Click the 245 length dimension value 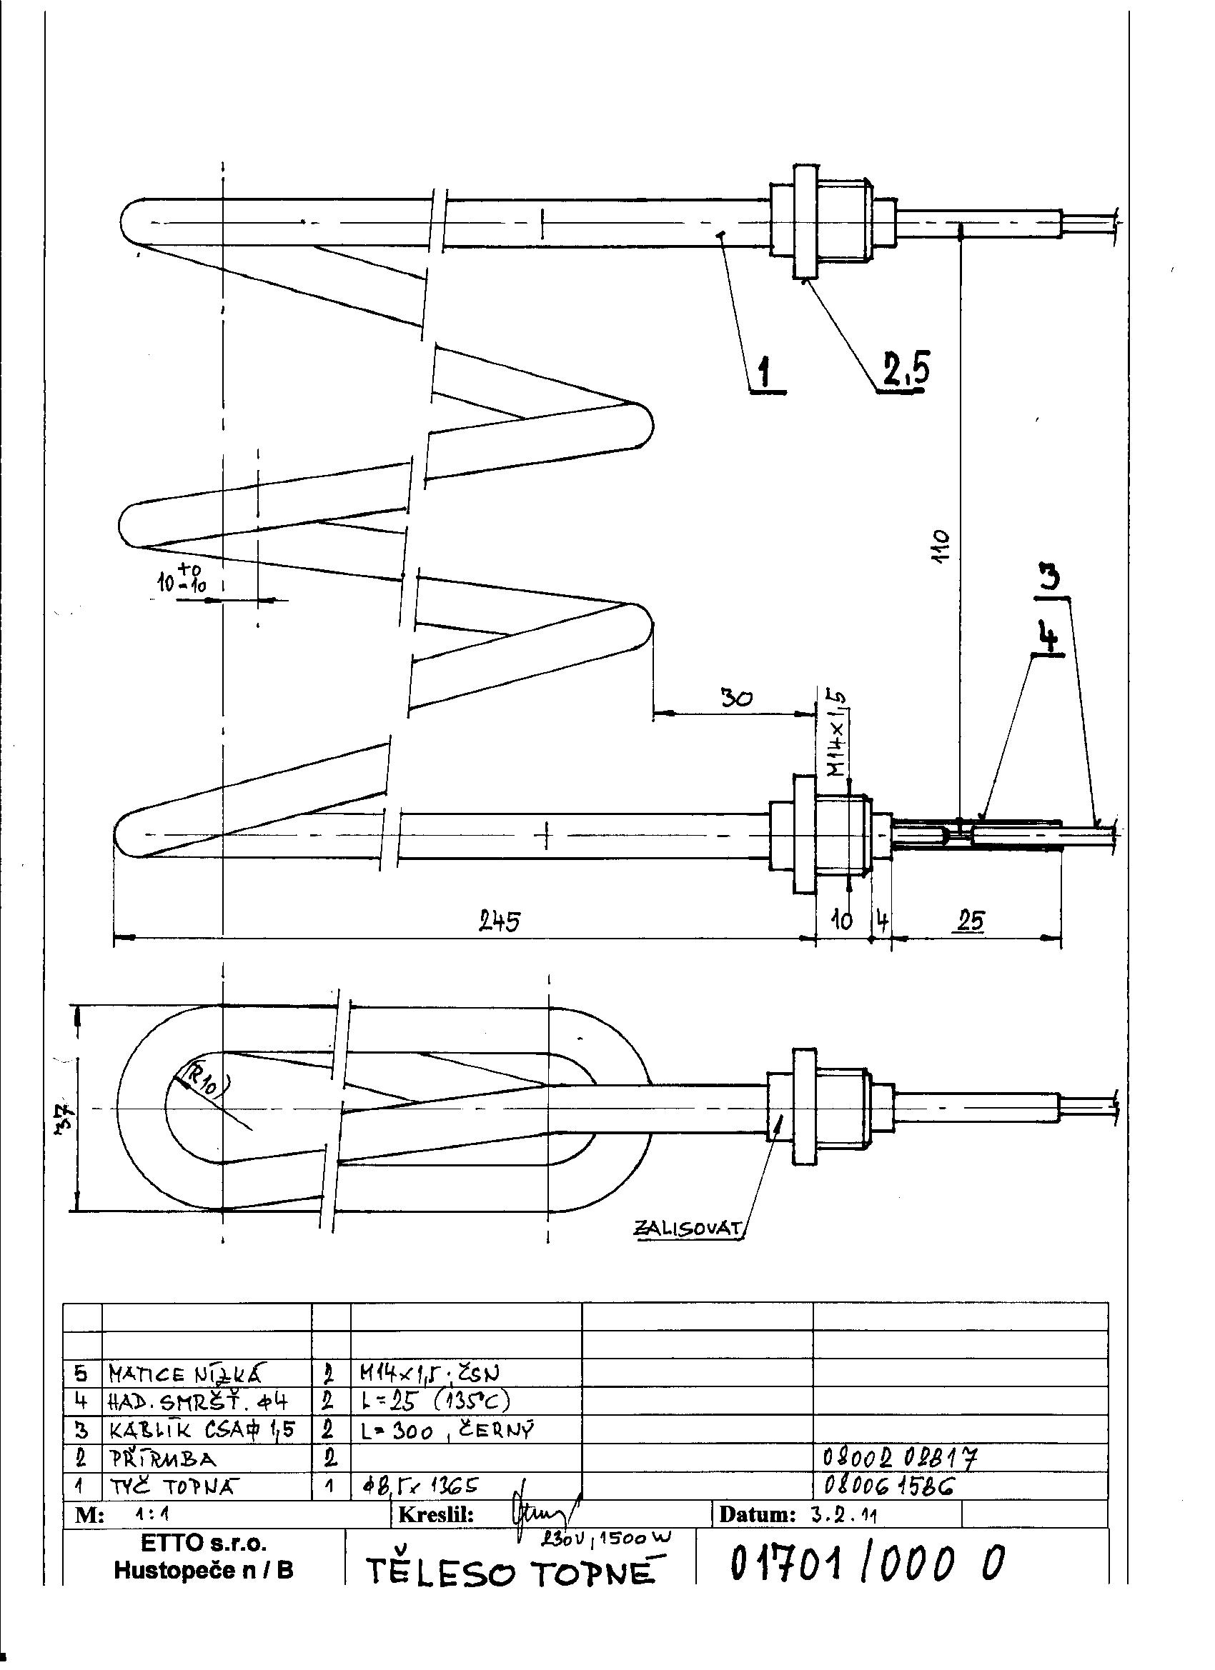[499, 921]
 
